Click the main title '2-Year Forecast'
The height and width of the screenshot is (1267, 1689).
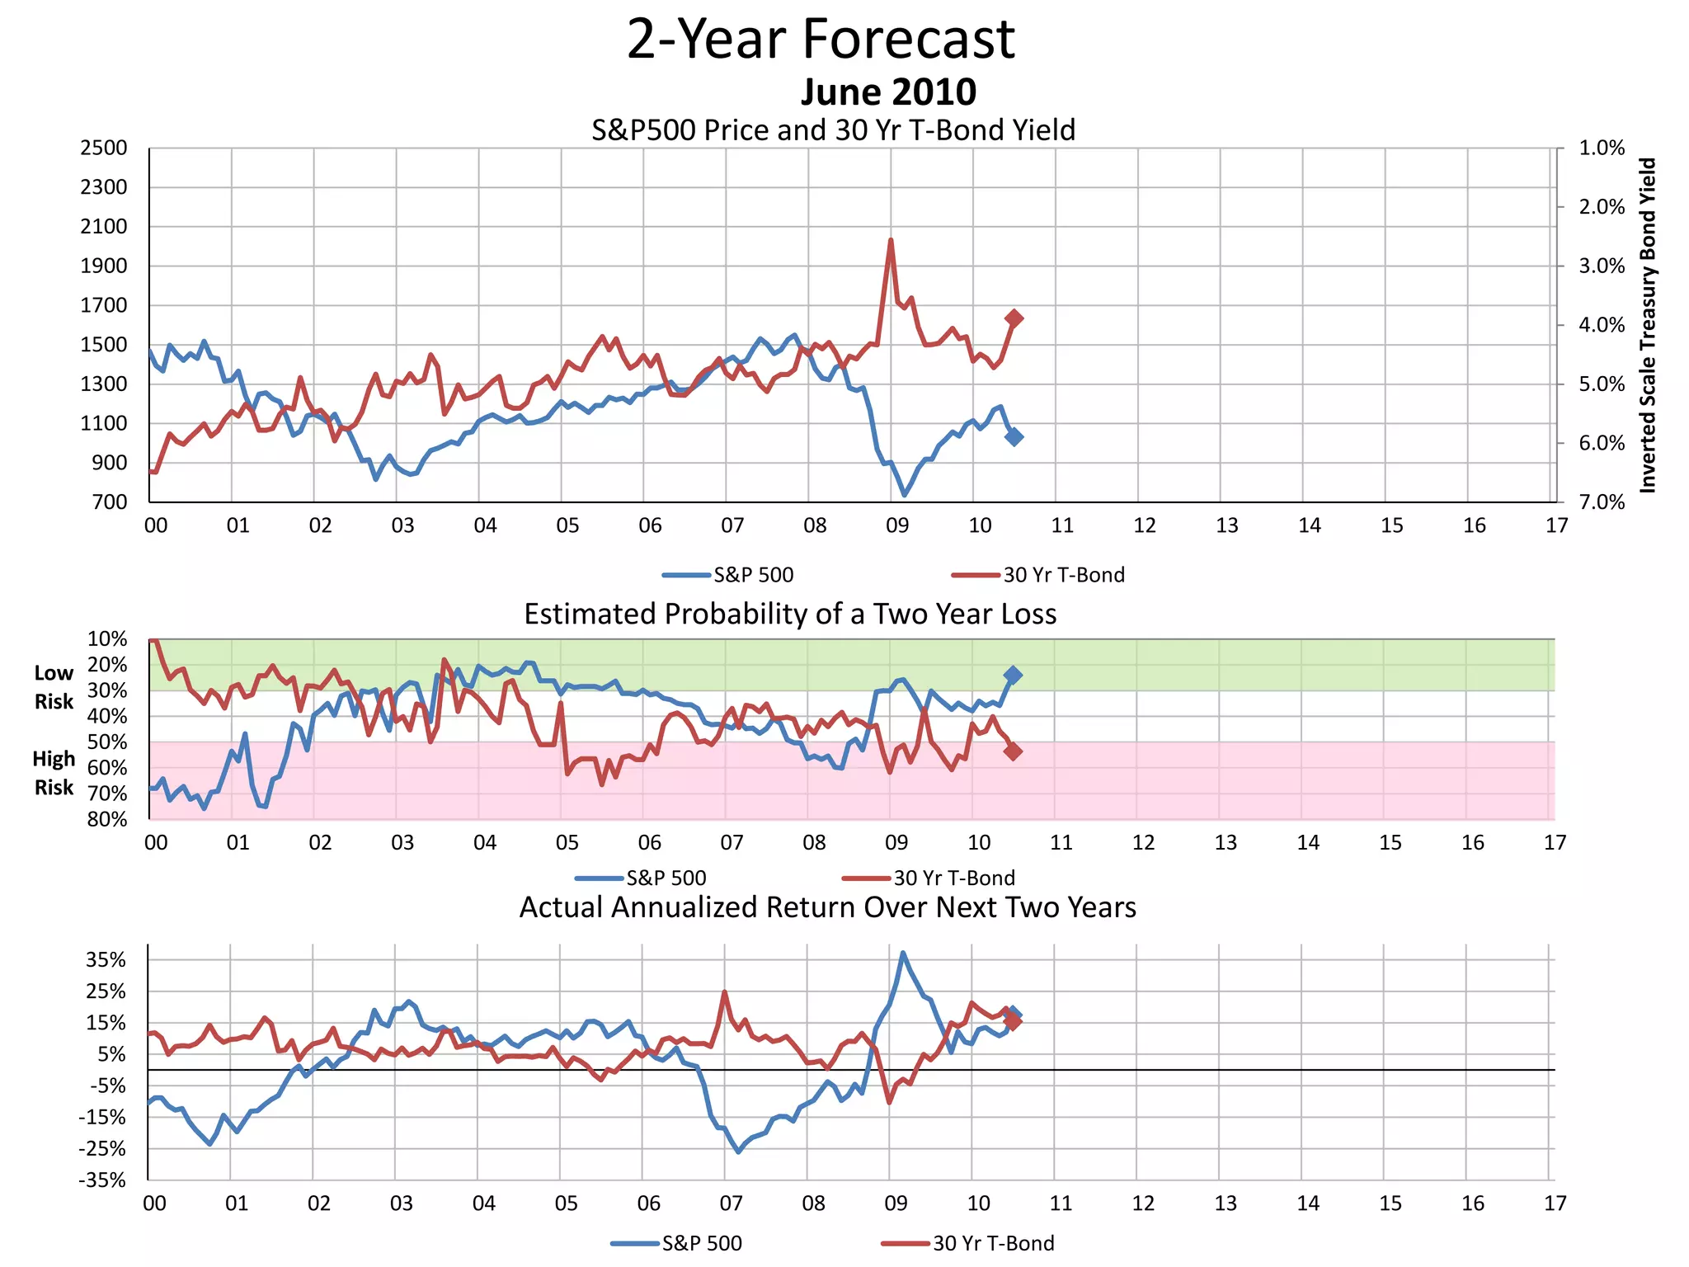[821, 39]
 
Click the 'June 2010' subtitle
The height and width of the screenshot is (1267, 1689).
[888, 92]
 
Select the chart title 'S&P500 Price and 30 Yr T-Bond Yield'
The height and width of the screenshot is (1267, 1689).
[833, 130]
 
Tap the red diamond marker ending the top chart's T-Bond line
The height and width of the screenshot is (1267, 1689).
[1014, 318]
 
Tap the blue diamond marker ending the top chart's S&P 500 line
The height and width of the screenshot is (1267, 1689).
[1014, 436]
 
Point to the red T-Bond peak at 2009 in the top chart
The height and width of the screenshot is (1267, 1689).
[891, 240]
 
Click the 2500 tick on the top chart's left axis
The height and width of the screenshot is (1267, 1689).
[104, 148]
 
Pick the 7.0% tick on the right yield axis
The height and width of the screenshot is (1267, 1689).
[1601, 502]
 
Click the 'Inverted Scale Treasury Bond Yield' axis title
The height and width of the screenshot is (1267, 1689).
[1648, 325]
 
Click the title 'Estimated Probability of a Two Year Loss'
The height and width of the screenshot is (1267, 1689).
[790, 615]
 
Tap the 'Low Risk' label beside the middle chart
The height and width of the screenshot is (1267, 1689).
[54, 687]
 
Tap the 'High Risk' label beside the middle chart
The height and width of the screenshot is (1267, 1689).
[54, 773]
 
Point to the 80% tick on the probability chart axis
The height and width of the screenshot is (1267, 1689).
[107, 819]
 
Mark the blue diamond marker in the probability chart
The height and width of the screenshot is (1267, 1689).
[1013, 675]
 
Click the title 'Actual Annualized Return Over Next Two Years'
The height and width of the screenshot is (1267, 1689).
[827, 907]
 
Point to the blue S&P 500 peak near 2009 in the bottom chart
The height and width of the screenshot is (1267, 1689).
[903, 953]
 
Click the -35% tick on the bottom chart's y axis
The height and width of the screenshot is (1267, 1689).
[102, 1180]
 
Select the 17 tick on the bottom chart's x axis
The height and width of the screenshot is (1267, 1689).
[1555, 1203]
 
